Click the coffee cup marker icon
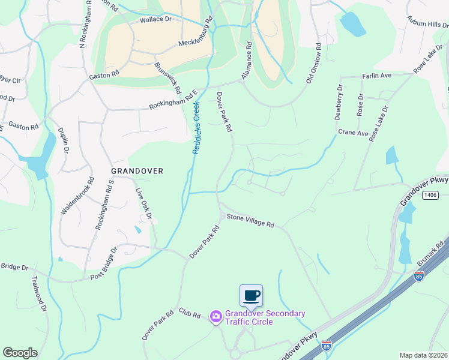tap(251, 296)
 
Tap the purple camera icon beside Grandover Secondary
tap(216, 316)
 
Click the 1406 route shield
tap(429, 194)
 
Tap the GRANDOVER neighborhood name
tap(137, 171)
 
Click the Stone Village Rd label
tap(250, 221)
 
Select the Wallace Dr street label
tap(155, 20)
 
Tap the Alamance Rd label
tap(246, 61)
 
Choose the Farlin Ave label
tap(376, 76)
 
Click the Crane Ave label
tap(353, 133)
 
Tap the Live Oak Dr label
tap(145, 203)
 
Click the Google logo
tap(20, 352)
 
